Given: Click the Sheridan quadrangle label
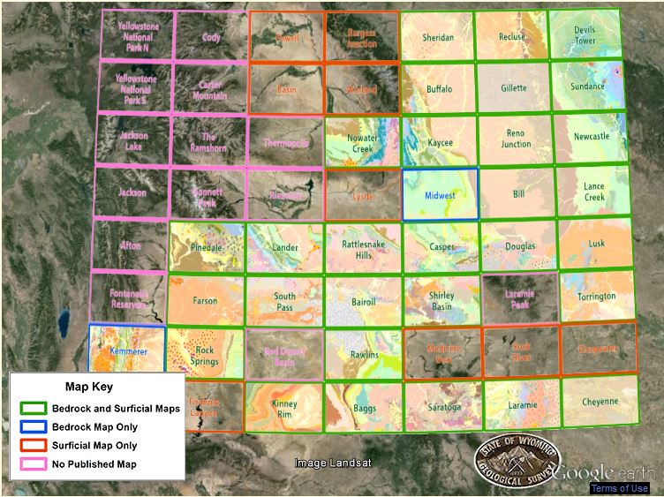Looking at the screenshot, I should [438, 38].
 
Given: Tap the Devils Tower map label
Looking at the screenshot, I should [585, 36].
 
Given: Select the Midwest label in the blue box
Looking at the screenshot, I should [441, 195].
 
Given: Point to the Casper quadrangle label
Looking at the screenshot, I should [441, 248].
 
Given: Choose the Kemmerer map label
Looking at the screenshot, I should [126, 351].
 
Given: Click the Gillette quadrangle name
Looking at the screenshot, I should [514, 88].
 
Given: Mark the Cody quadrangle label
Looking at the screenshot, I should [211, 38].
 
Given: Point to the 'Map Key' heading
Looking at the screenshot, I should [89, 387].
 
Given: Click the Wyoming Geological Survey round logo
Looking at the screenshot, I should [517, 458].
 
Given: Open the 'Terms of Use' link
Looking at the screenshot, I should [620, 488].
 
